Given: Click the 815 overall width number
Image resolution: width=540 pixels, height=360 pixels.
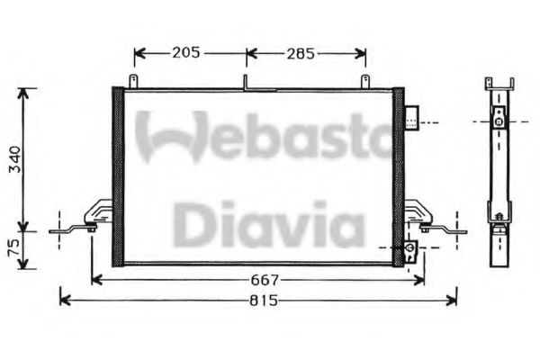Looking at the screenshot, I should coord(262,300).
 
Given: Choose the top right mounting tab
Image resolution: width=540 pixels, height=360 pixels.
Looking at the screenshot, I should coord(365,83).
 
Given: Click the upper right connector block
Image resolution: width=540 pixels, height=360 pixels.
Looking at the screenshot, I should coord(411,119).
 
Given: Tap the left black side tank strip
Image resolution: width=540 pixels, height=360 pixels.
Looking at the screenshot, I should coord(116,176).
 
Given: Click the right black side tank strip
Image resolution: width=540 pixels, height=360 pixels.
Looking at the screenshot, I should coord(399,176).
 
